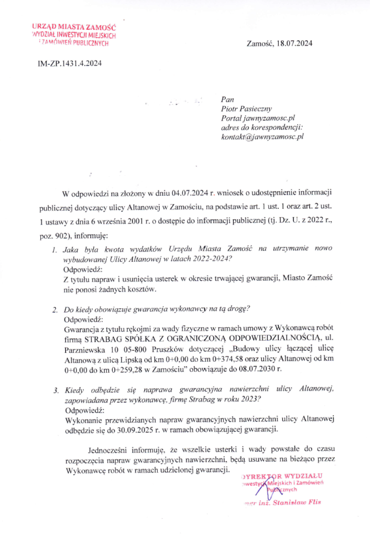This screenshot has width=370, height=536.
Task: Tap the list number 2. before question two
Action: [55, 309]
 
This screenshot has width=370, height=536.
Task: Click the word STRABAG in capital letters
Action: [100, 338]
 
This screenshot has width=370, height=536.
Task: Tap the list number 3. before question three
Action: [55, 389]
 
